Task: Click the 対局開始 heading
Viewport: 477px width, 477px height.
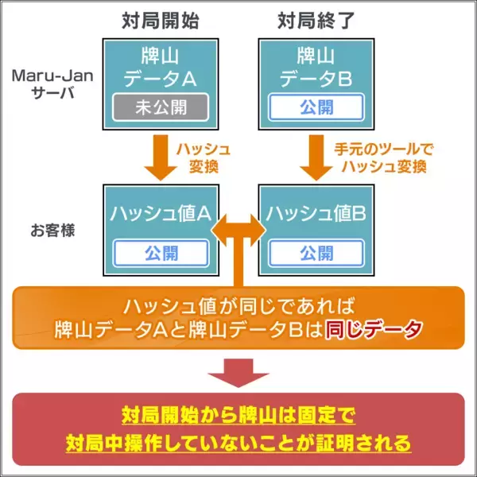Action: (160, 21)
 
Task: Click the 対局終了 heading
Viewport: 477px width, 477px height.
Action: (316, 21)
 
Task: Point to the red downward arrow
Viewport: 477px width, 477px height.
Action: (238, 373)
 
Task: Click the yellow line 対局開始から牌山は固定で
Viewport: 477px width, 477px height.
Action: (238, 415)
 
